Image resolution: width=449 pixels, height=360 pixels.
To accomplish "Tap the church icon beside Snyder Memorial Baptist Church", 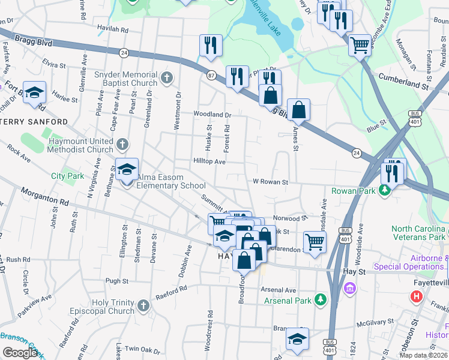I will tap(167, 78).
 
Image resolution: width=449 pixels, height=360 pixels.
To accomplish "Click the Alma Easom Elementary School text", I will tap(171, 182).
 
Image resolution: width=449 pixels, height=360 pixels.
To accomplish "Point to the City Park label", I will tap(68, 176).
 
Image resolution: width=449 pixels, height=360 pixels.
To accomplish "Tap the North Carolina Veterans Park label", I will tap(419, 233).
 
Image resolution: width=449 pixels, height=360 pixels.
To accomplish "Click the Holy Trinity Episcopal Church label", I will tap(113, 307).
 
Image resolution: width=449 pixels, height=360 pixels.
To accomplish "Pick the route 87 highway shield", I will tap(211, 75).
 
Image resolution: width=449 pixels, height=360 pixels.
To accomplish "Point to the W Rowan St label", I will tap(270, 182).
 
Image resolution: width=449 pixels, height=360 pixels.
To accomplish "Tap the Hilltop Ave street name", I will tap(209, 161).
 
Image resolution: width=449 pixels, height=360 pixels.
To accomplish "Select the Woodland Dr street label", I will tap(212, 114).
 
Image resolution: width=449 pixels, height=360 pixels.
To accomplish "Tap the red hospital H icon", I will tap(415, 296).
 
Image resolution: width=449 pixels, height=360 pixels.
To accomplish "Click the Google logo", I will tap(20, 352).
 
